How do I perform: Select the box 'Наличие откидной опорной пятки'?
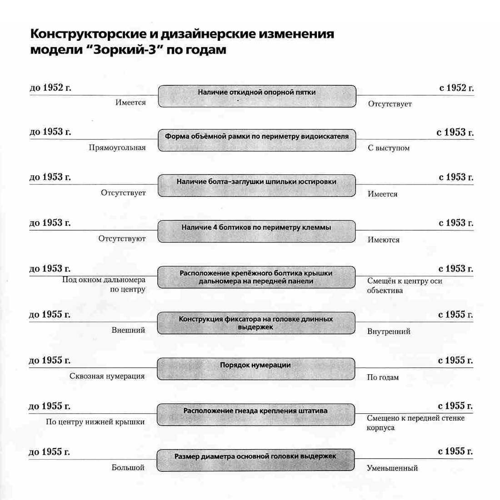[257, 96]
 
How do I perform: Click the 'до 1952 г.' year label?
[50, 88]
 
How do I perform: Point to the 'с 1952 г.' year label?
[456, 88]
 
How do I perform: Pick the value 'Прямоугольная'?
[117, 148]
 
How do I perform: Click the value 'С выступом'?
[389, 148]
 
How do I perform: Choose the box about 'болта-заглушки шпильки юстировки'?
[257, 185]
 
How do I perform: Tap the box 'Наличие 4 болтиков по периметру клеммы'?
[257, 231]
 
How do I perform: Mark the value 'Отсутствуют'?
[122, 238]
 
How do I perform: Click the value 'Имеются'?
[383, 240]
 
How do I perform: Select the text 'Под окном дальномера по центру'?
[104, 285]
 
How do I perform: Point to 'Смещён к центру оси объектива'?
[404, 286]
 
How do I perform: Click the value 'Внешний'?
[128, 330]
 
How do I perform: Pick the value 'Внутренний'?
[389, 332]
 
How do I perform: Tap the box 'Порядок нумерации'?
[255, 369]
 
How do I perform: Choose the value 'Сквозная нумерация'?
[107, 376]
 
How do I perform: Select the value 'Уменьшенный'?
[392, 468]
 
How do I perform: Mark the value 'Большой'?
[128, 467]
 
